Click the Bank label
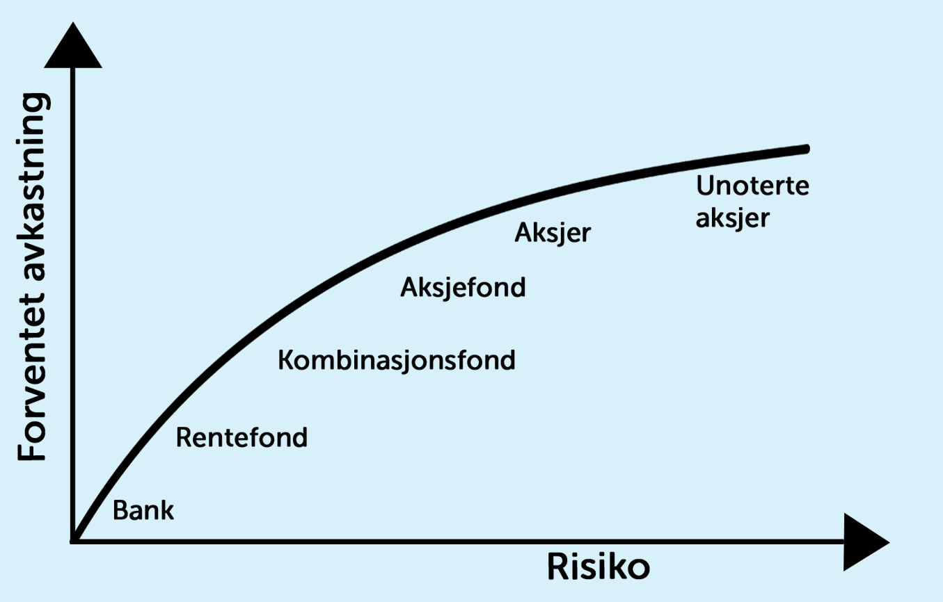pyautogui.click(x=143, y=511)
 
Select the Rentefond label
pyautogui.click(x=241, y=437)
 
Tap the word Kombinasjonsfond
pyautogui.click(x=397, y=361)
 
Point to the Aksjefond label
pyautogui.click(x=463, y=287)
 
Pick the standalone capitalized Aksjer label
pyautogui.click(x=553, y=233)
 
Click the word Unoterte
pyautogui.click(x=753, y=186)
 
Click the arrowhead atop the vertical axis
pyautogui.click(x=72, y=49)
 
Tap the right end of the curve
pyautogui.click(x=806, y=149)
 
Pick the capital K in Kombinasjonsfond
pyautogui.click(x=285, y=360)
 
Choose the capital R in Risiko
pyautogui.click(x=557, y=567)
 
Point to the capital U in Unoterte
pyautogui.click(x=706, y=186)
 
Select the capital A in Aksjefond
pyautogui.click(x=409, y=287)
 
